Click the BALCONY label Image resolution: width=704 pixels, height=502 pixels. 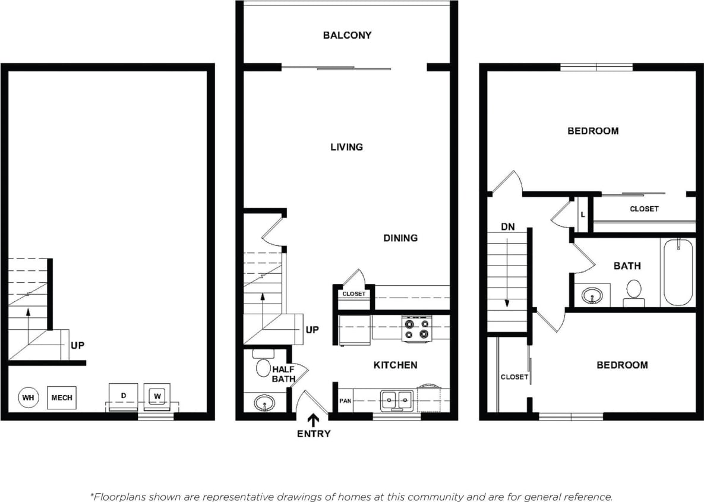click(x=347, y=36)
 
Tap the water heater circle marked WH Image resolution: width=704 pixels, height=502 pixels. click(x=27, y=397)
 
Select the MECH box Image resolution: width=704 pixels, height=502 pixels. click(x=61, y=397)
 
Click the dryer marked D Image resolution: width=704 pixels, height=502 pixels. click(x=123, y=396)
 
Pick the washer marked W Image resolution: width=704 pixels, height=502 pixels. click(x=157, y=396)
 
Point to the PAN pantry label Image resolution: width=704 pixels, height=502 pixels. click(x=345, y=401)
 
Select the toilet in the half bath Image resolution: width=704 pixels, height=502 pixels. click(x=262, y=365)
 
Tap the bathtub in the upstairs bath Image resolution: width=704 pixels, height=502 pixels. click(x=678, y=271)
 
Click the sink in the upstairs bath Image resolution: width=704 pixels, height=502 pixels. click(x=591, y=295)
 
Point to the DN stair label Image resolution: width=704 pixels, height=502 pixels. click(x=507, y=227)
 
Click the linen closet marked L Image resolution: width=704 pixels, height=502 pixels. click(x=583, y=214)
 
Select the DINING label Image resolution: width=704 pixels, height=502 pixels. click(x=400, y=238)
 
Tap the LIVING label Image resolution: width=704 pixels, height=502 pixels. click(x=346, y=147)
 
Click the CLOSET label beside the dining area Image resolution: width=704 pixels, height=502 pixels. click(x=354, y=294)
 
